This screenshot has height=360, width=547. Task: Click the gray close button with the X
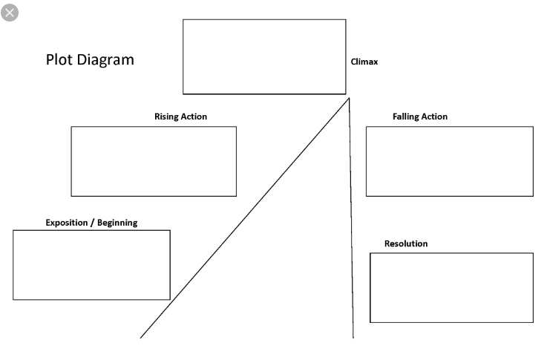(10, 13)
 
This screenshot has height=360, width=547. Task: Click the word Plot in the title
(59, 59)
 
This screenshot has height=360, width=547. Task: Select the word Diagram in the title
(105, 60)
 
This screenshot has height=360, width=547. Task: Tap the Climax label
(364, 62)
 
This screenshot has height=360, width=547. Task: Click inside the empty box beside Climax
(264, 57)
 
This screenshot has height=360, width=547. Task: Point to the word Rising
(166, 117)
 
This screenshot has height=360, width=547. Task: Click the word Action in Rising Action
(194, 117)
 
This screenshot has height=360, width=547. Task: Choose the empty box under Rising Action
(154, 162)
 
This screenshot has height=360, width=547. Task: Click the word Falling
(406, 117)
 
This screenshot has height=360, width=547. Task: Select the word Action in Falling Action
(434, 117)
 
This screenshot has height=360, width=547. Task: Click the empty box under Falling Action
(450, 162)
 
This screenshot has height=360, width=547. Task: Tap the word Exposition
(67, 223)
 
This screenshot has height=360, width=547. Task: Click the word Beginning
(117, 223)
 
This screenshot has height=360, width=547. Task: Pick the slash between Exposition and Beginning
(93, 223)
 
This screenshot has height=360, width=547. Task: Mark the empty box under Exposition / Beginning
(92, 265)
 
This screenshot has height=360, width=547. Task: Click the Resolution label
(406, 243)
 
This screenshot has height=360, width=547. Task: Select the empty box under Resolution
(452, 288)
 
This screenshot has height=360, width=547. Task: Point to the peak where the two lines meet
(349, 99)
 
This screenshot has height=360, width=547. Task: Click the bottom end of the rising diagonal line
(140, 338)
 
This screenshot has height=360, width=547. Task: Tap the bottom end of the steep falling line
(353, 338)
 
